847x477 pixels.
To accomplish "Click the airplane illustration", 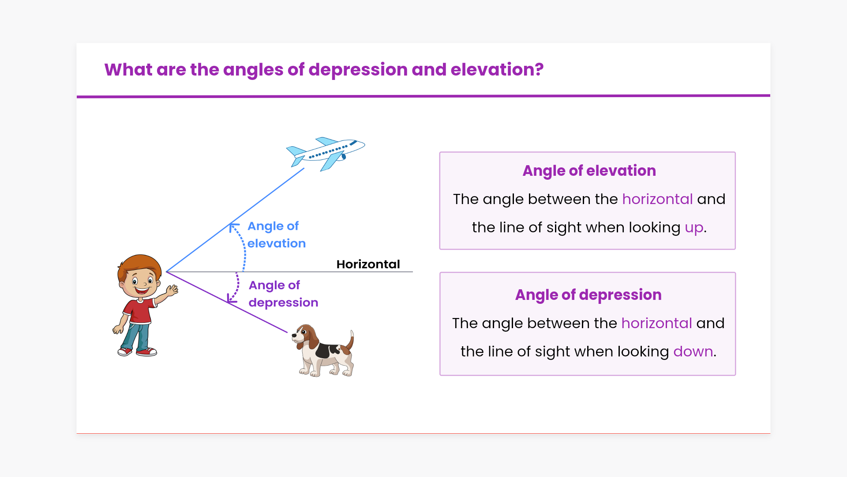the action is [x=326, y=154].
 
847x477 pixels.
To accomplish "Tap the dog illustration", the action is [x=323, y=351].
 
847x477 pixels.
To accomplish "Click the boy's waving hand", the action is [x=172, y=291].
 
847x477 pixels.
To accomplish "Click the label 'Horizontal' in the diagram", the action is [x=368, y=264].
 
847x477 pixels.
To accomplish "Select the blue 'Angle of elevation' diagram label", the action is [x=276, y=235].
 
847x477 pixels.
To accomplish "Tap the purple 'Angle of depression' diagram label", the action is [x=283, y=294].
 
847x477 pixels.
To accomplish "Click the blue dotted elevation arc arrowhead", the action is [x=233, y=227].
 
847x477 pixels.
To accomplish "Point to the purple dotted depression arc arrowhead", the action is [x=232, y=299].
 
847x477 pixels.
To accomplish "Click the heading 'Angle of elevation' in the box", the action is [x=589, y=171].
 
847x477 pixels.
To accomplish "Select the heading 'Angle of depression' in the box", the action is [x=588, y=295].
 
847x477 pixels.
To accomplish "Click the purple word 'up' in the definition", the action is [x=694, y=228].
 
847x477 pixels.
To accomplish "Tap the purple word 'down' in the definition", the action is [x=693, y=352].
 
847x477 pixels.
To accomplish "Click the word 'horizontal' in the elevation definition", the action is [x=657, y=199].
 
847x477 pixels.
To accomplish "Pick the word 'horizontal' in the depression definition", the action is [x=656, y=323].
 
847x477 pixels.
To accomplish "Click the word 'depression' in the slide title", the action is [x=358, y=70].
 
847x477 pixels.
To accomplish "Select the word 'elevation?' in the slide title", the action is [x=497, y=70].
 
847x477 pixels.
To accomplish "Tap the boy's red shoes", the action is [x=137, y=352].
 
